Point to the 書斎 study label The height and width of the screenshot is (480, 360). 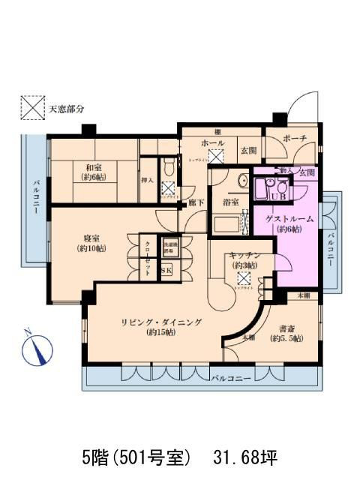click(x=286, y=328)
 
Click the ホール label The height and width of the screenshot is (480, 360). click(x=212, y=143)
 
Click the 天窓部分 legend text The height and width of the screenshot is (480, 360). click(x=67, y=108)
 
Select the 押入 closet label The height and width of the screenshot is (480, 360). click(x=147, y=181)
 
